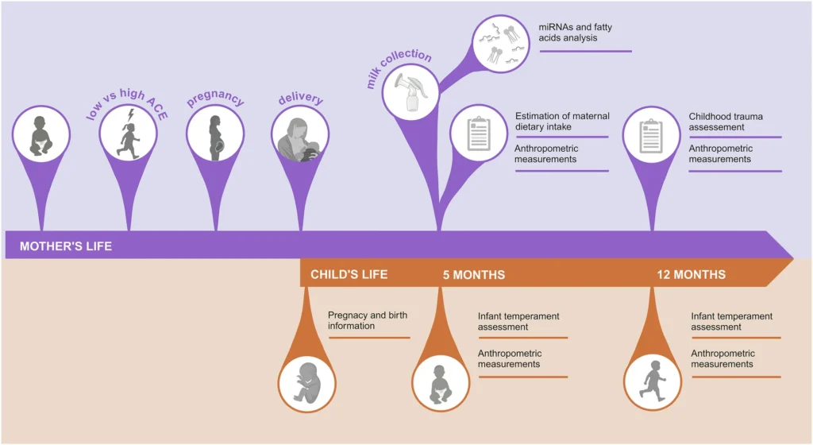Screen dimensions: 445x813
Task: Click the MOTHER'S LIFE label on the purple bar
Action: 66,246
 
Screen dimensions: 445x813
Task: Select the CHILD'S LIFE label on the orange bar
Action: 349,275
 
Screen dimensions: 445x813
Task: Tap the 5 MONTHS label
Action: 473,275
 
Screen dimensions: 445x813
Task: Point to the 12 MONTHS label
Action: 691,275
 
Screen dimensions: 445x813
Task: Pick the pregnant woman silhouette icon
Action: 214,137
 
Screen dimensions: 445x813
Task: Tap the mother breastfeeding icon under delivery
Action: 300,137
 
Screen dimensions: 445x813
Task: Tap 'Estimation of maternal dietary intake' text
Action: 562,122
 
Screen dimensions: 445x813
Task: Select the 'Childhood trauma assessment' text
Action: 727,122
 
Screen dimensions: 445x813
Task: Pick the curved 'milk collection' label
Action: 399,68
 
